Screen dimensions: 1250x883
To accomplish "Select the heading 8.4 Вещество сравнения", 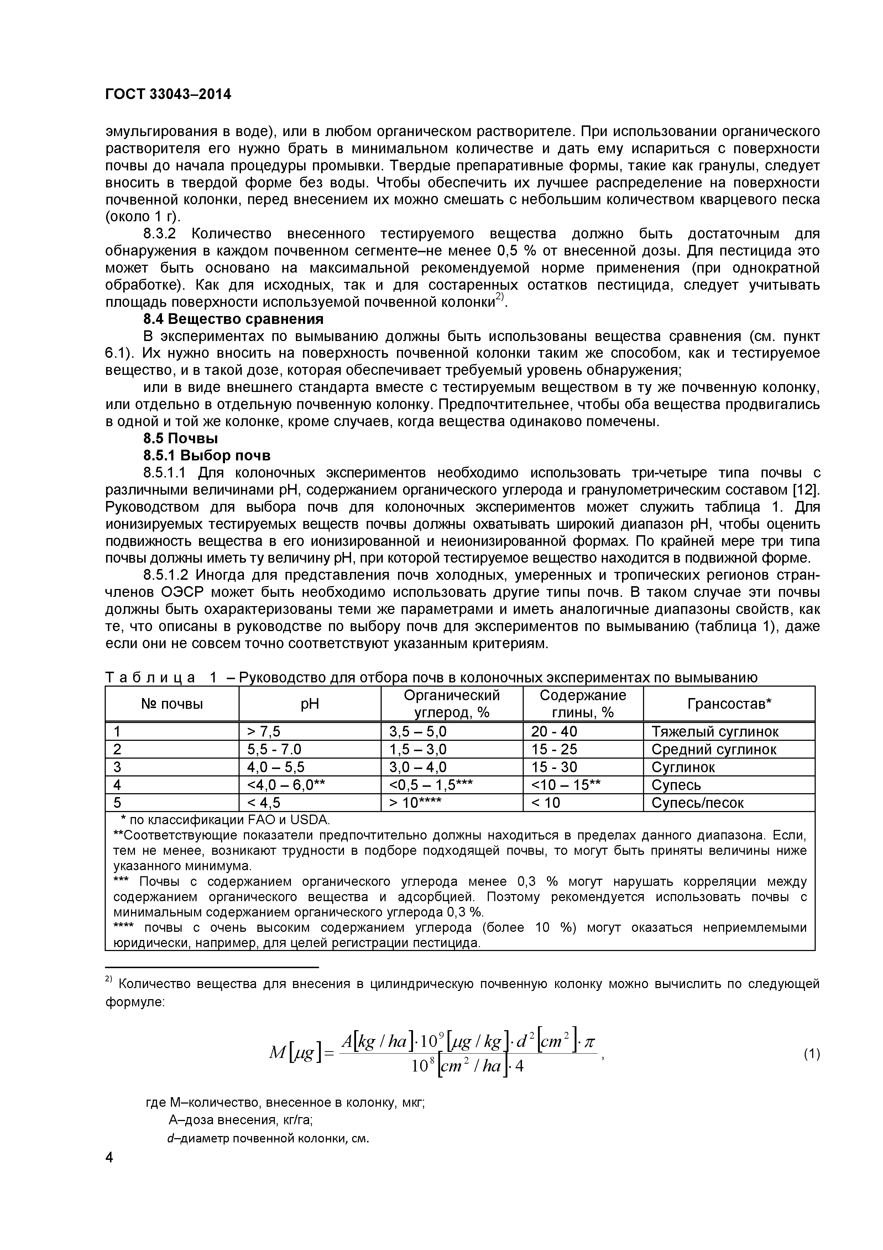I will point(233,319).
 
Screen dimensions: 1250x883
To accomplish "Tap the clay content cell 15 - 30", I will point(554,767).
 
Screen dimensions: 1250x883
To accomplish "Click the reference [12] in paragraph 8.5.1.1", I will point(806,490).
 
